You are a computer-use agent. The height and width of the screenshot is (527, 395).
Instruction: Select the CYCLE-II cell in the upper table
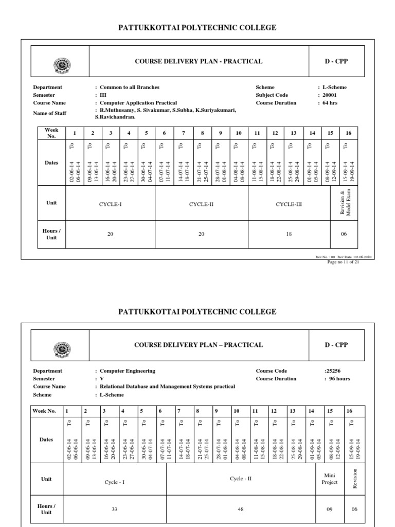(201, 204)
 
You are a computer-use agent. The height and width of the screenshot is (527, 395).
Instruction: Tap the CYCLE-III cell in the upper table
(289, 204)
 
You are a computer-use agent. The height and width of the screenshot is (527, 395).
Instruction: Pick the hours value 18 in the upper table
(289, 234)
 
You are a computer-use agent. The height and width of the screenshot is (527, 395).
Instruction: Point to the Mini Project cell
(330, 479)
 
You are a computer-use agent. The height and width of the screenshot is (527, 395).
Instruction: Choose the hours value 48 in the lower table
(241, 510)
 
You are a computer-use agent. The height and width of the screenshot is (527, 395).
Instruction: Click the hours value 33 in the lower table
(114, 510)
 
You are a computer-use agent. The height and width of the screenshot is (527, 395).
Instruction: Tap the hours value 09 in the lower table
(330, 510)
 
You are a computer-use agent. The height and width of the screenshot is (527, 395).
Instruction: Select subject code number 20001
(334, 95)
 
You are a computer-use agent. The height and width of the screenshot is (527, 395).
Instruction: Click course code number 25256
(331, 371)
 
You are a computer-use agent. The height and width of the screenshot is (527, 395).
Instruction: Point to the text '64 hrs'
(333, 103)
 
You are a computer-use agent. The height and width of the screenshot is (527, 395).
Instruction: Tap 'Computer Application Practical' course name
(138, 103)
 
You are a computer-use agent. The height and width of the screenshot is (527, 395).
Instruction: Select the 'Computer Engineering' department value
(127, 371)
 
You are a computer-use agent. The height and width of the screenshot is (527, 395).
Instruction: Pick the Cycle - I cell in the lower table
(114, 483)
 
